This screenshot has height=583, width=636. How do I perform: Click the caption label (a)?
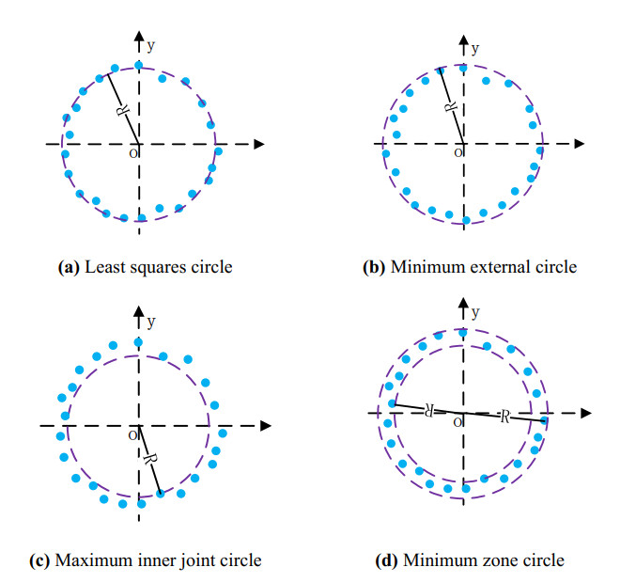pyautogui.click(x=69, y=268)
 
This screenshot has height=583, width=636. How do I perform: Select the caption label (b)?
pyautogui.click(x=374, y=268)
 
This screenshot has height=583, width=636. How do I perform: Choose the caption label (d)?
pyautogui.click(x=387, y=561)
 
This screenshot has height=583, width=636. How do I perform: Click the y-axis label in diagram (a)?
pyautogui.click(x=150, y=44)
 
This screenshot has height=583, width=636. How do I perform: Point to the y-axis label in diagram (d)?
pyautogui.click(x=475, y=311)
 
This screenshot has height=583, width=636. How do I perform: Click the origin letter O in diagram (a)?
pyautogui.click(x=132, y=151)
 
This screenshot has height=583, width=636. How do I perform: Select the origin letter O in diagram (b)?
pyautogui.click(x=458, y=151)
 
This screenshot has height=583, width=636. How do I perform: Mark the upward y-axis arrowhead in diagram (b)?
pyautogui.click(x=464, y=39)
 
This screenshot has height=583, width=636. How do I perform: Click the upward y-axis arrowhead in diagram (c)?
pyautogui.click(x=139, y=311)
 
